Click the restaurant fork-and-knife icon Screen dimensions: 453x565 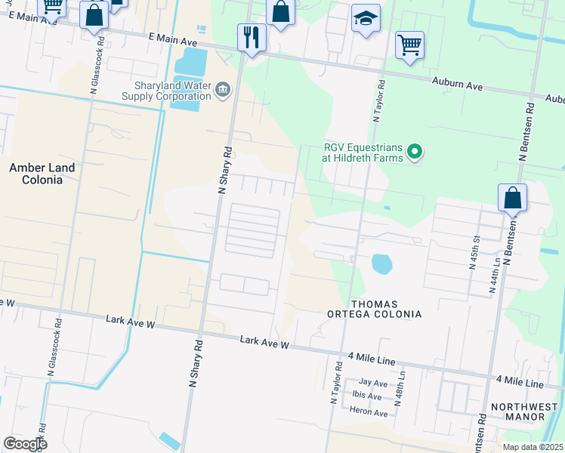point(252,36)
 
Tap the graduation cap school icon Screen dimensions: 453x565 point(366,20)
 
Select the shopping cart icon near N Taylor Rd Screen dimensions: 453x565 point(409,44)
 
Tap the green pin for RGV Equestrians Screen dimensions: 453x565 point(414,153)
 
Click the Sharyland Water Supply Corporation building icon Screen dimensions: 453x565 point(223,91)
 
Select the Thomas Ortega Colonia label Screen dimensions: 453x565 point(373,308)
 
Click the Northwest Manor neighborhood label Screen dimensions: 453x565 point(517,411)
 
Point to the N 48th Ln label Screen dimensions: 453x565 point(403,386)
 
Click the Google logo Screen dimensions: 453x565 point(25,444)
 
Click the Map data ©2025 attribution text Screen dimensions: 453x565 point(533,447)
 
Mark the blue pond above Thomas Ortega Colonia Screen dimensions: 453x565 point(381,264)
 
